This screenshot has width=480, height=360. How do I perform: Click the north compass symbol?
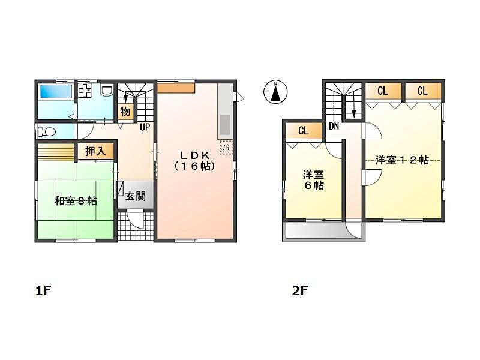275,92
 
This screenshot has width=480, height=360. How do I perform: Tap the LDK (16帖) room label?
194,160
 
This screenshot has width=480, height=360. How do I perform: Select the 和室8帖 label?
76,201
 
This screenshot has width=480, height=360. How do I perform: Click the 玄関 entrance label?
136,196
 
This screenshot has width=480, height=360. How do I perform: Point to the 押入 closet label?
95,151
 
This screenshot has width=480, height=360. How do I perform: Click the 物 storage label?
125,112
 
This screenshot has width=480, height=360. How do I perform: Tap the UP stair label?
145,127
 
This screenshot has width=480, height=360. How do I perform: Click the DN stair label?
334,126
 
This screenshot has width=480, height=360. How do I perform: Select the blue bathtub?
56,92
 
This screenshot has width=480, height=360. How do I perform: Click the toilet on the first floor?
47,132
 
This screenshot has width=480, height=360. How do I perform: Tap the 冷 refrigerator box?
226,147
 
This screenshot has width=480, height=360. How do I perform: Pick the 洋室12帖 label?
402,160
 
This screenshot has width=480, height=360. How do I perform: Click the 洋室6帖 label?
314,181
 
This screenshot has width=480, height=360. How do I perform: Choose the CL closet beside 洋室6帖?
304,131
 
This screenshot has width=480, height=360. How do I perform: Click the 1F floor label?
43,291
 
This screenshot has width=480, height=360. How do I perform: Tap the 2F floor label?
299,291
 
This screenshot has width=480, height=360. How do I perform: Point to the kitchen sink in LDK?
225,125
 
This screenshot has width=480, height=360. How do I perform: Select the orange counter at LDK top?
176,88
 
